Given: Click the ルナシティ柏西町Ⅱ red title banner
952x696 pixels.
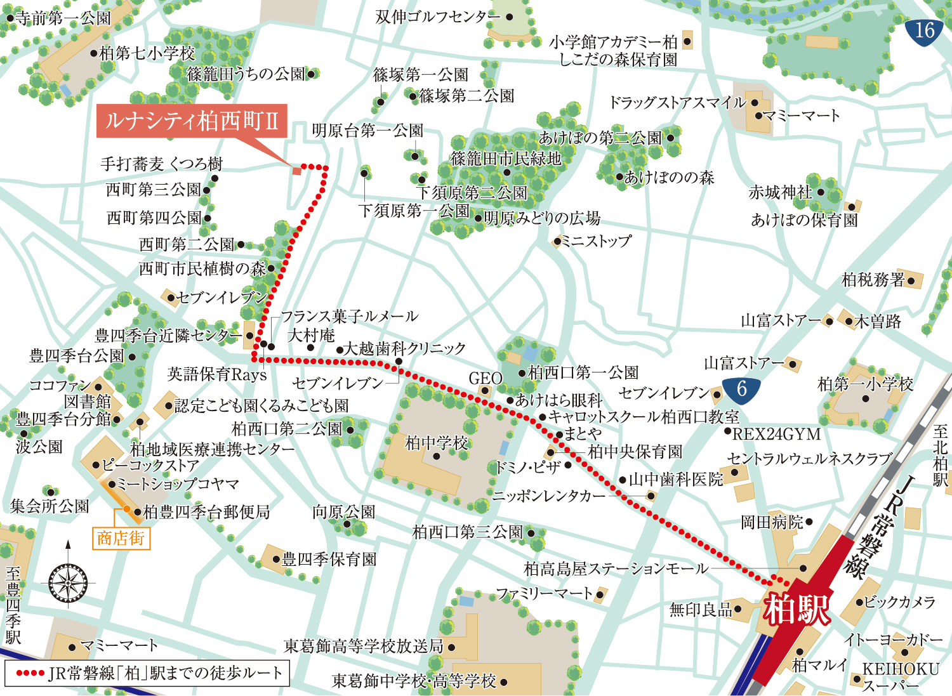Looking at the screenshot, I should click(192, 121).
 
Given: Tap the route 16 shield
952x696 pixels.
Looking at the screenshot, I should click(924, 30).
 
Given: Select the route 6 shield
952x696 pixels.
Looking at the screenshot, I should click(741, 388).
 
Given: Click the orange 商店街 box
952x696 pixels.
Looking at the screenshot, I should click(121, 539).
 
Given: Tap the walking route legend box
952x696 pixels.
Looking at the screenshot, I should click(147, 673).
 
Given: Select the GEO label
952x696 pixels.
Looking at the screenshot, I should click(485, 379).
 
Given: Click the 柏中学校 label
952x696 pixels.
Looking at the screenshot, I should click(437, 442).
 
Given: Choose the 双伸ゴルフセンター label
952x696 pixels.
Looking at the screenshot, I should click(438, 17).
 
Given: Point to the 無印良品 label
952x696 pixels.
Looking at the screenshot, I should click(701, 610).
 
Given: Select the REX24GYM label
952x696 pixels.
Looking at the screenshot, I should click(776, 435).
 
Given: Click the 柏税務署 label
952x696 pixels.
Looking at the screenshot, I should click(873, 280).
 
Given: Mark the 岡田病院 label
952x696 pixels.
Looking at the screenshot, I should click(772, 522).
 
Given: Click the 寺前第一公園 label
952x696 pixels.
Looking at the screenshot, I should click(63, 18).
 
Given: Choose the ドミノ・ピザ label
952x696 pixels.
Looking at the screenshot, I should click(528, 468).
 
